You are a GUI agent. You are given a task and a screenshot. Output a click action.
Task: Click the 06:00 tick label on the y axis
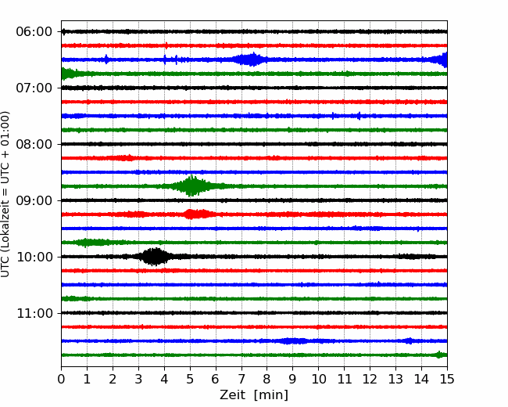coord(34,32)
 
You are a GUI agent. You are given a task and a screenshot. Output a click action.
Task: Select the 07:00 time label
coord(34,88)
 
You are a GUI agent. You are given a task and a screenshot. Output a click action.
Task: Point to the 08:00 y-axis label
coord(34,145)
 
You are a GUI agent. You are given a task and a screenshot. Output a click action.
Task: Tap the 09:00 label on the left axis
coord(34,200)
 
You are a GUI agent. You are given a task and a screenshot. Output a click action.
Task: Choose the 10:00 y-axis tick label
coord(34,257)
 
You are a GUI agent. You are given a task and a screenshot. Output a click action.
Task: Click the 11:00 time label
coord(34,314)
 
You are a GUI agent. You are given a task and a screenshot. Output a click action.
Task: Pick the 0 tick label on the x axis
coord(61,379)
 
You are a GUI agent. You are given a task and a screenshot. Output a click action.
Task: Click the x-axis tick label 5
coord(190,379)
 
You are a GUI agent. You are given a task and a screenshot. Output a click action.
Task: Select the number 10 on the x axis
coord(318,379)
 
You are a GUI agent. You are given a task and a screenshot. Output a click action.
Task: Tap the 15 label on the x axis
coord(447,379)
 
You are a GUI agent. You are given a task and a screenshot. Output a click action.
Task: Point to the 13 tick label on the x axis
coord(395,379)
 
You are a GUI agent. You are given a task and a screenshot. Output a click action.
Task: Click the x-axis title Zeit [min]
coord(254,394)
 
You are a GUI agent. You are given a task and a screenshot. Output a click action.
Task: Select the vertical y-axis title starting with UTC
coord(5,194)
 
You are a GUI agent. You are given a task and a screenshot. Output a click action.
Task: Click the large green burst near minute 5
coord(191,186)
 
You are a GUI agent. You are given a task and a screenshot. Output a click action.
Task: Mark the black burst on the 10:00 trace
coord(156,257)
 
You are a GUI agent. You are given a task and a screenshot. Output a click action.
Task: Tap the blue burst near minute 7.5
coord(249,59)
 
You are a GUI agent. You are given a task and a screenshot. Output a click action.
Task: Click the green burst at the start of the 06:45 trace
coord(68,74)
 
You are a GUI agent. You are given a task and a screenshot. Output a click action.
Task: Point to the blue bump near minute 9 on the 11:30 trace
coord(293,340)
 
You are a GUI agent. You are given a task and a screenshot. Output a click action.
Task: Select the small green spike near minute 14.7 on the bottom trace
coord(439,355)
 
